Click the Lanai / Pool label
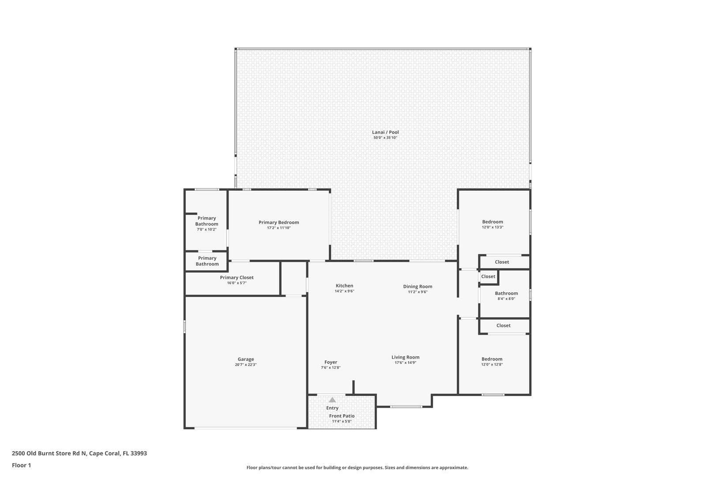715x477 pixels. pyautogui.click(x=385, y=132)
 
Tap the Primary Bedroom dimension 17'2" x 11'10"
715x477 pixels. pyautogui.click(x=278, y=228)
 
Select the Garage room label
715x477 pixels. pyautogui.click(x=246, y=359)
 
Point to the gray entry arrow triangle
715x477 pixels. pyautogui.click(x=332, y=400)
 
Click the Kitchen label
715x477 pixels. pyautogui.click(x=344, y=286)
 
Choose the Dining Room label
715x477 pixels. pyautogui.click(x=418, y=287)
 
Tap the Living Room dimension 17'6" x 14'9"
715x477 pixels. pyautogui.click(x=405, y=363)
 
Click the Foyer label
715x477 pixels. pyautogui.click(x=331, y=362)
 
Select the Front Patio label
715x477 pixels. pyautogui.click(x=342, y=416)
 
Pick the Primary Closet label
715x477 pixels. pyautogui.click(x=237, y=277)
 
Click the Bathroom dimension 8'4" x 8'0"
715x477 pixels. pyautogui.click(x=506, y=299)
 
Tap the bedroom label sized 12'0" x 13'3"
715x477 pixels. pyautogui.click(x=492, y=222)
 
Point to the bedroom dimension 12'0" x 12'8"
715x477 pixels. pyautogui.click(x=492, y=364)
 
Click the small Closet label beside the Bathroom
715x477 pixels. pyautogui.click(x=488, y=276)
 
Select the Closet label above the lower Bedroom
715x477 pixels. pyautogui.click(x=503, y=326)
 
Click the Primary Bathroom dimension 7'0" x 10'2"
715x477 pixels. pyautogui.click(x=207, y=229)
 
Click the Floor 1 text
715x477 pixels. pyautogui.click(x=21, y=465)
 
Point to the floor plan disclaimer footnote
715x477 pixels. pyautogui.click(x=357, y=467)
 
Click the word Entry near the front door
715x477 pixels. pyautogui.click(x=332, y=408)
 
